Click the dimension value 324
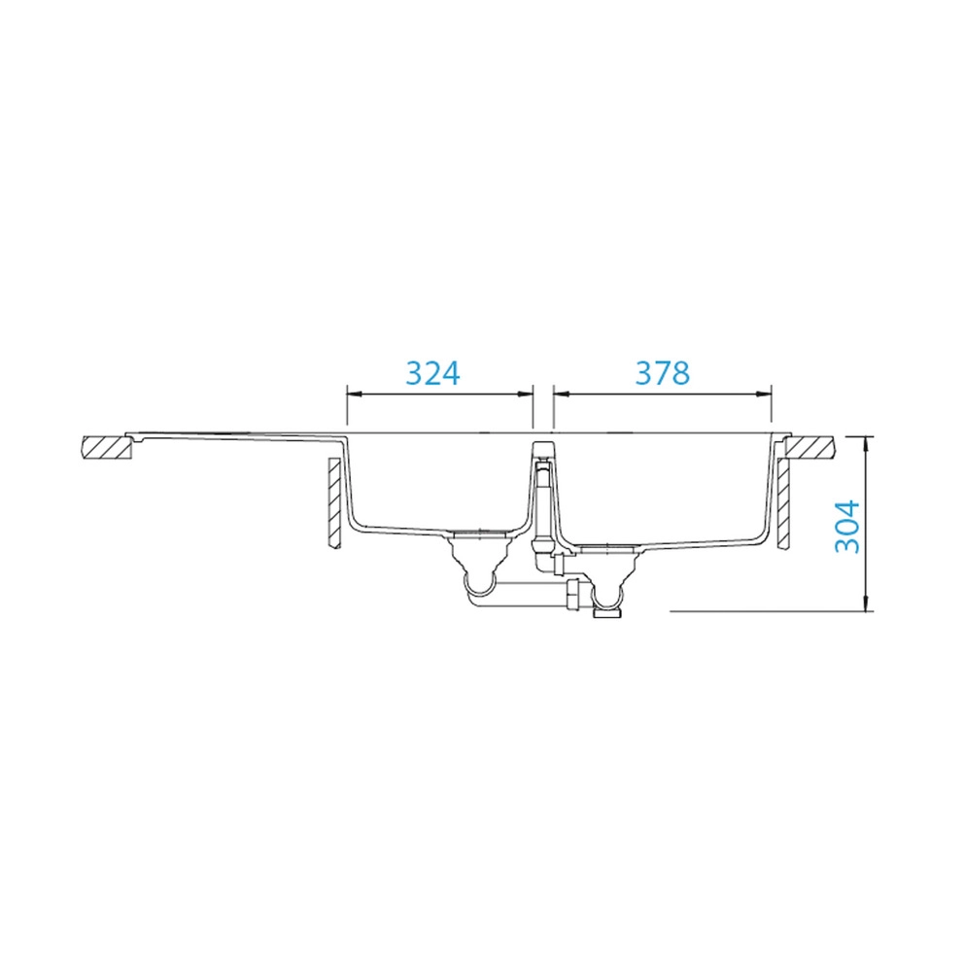pyautogui.click(x=432, y=372)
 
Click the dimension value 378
pyautogui.click(x=663, y=372)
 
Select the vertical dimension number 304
pyautogui.click(x=847, y=527)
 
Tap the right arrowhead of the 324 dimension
pyautogui.click(x=526, y=395)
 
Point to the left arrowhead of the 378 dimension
pyautogui.click(x=561, y=395)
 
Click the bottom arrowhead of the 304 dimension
pyautogui.click(x=866, y=604)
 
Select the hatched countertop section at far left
pyautogui.click(x=106, y=448)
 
